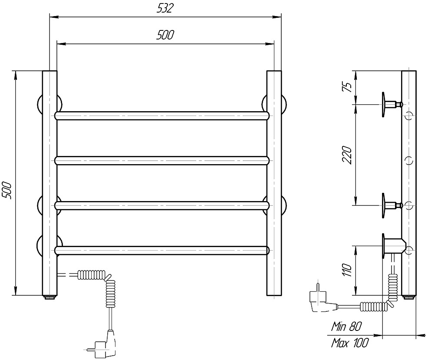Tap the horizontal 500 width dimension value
[165, 35]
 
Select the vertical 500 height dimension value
[7, 190]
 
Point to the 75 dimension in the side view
[347, 87]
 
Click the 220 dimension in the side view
[347, 155]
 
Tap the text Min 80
[346, 327]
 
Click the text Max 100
[350, 343]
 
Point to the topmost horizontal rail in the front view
[162, 116]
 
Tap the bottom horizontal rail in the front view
[162, 251]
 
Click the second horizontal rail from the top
[162, 161]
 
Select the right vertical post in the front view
[274, 183]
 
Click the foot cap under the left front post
[49, 297]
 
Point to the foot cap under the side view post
[409, 297]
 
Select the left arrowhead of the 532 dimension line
[53, 17]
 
